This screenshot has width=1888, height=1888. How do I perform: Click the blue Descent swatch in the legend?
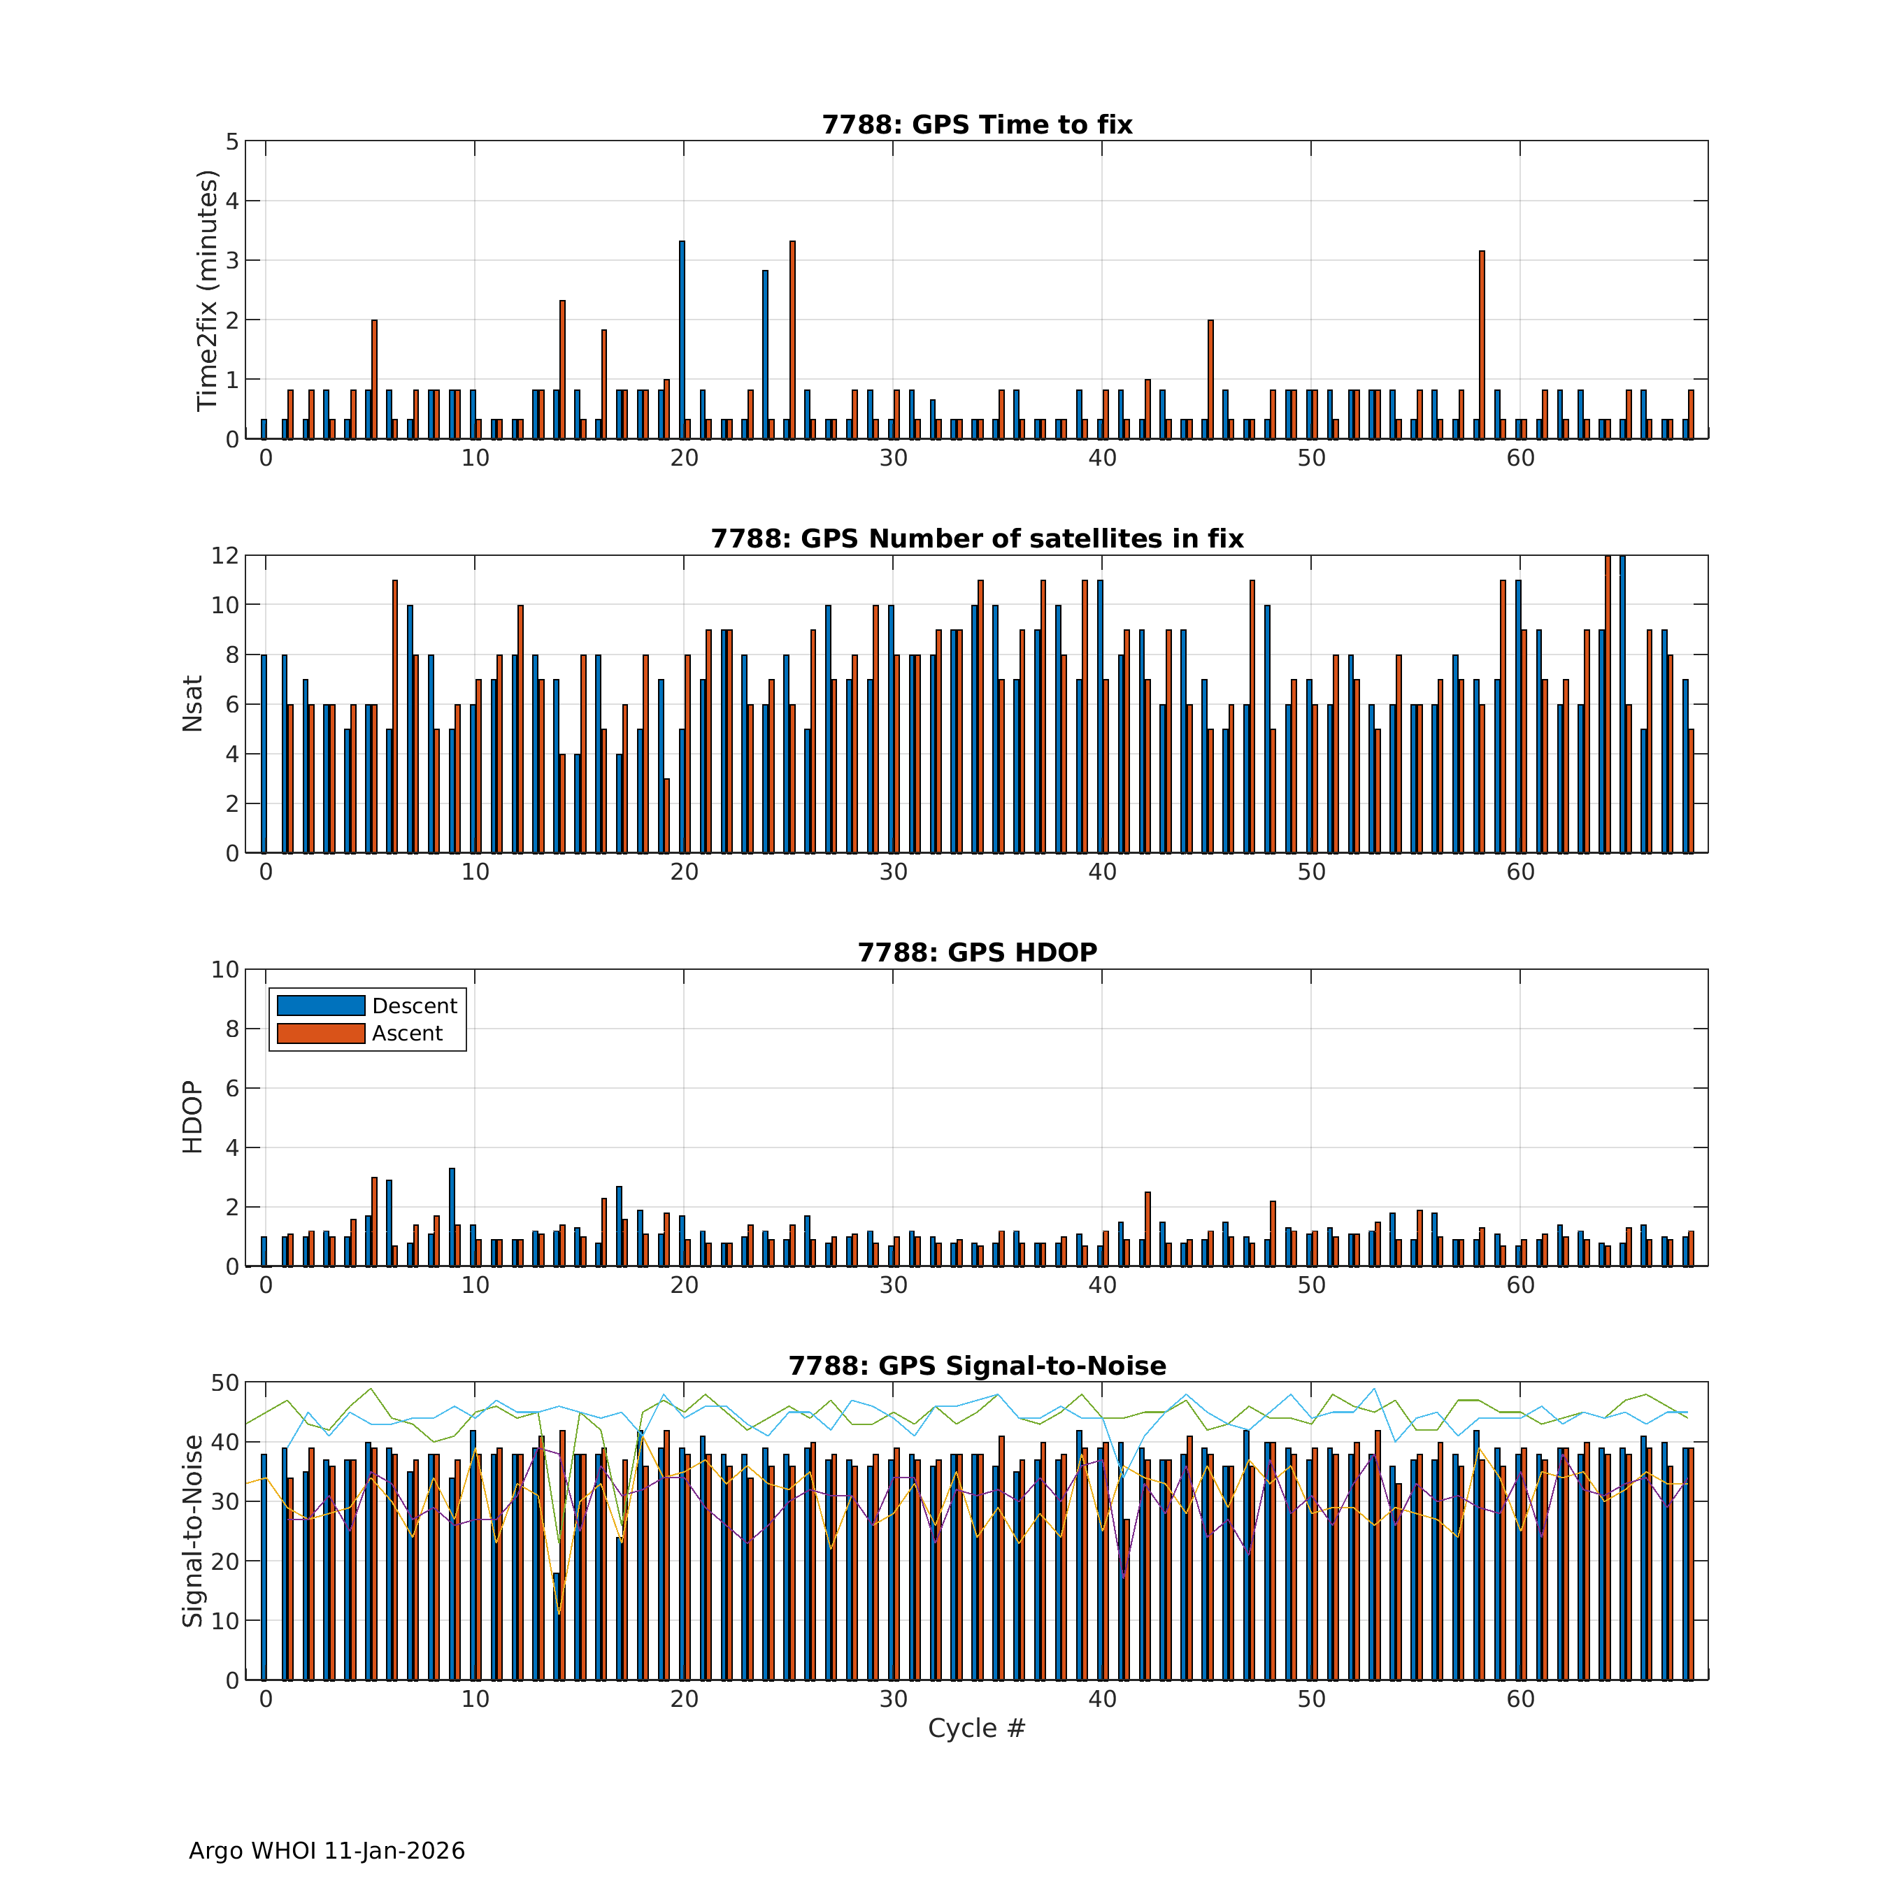point(320,1006)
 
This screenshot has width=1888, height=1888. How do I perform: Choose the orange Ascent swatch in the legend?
point(320,1033)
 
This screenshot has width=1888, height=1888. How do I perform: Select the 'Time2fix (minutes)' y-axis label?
point(206,290)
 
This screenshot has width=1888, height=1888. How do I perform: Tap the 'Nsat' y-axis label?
point(192,703)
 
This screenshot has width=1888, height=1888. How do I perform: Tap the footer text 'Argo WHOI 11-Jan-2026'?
point(327,1851)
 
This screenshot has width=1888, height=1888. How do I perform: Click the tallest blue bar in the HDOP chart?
point(452,1217)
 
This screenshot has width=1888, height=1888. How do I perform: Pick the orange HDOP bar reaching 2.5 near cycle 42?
point(1147,1229)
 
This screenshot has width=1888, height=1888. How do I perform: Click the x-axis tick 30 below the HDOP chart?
point(893,1285)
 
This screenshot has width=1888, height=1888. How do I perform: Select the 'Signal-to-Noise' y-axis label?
point(192,1531)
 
